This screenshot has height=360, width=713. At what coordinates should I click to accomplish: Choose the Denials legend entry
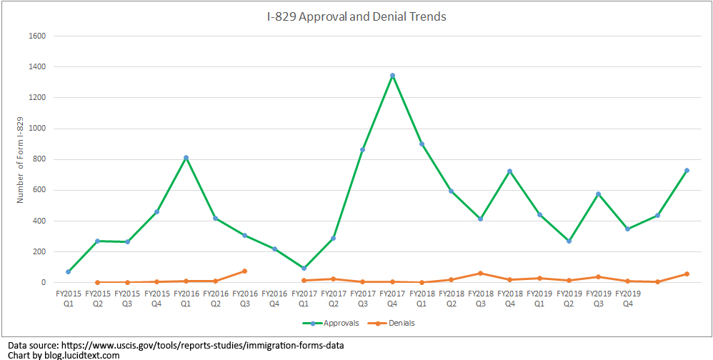(397, 323)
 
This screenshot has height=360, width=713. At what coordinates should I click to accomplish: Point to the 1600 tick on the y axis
(37, 36)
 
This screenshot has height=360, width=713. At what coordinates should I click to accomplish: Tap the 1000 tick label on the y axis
(37, 129)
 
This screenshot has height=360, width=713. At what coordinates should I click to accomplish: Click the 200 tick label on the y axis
(39, 251)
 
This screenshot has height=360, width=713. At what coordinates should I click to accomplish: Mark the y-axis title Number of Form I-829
(21, 159)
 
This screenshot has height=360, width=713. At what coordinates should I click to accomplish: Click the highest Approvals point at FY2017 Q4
(392, 76)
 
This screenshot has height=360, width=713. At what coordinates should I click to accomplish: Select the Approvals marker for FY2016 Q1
(186, 158)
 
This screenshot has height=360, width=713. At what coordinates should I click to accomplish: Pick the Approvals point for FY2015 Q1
(68, 271)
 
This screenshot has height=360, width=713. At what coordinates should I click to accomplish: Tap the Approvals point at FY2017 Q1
(304, 268)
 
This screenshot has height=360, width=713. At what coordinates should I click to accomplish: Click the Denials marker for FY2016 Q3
(244, 271)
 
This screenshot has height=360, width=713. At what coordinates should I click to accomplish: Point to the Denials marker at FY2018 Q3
(480, 273)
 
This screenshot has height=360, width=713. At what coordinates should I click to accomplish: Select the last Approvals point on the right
(687, 170)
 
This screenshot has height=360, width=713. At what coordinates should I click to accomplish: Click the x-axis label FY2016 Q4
(274, 297)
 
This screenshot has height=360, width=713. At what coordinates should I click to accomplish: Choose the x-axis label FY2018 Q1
(422, 297)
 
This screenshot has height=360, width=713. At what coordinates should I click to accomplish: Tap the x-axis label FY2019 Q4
(627, 297)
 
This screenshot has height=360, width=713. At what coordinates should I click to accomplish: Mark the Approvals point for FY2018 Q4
(509, 171)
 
